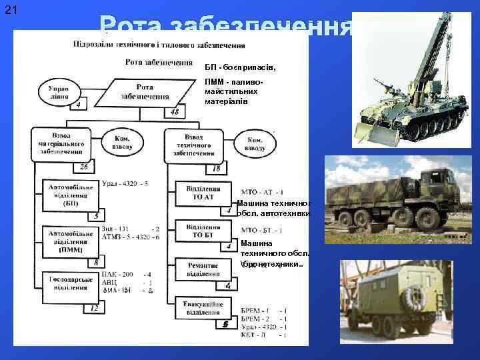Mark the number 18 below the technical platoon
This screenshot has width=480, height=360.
[216, 169]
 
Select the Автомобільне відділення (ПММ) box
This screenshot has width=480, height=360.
[70, 240]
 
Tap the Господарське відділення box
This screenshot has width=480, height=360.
[70, 283]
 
